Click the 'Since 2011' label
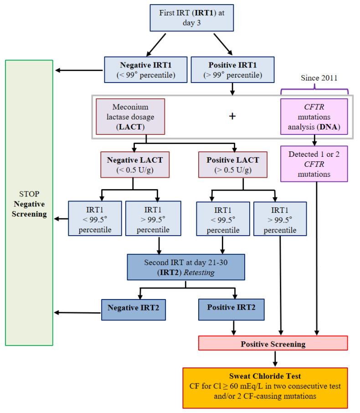tap(319, 77)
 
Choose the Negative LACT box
tap(132, 165)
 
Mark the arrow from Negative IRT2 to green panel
tap(78, 313)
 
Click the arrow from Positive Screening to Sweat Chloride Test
tap(275, 358)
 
